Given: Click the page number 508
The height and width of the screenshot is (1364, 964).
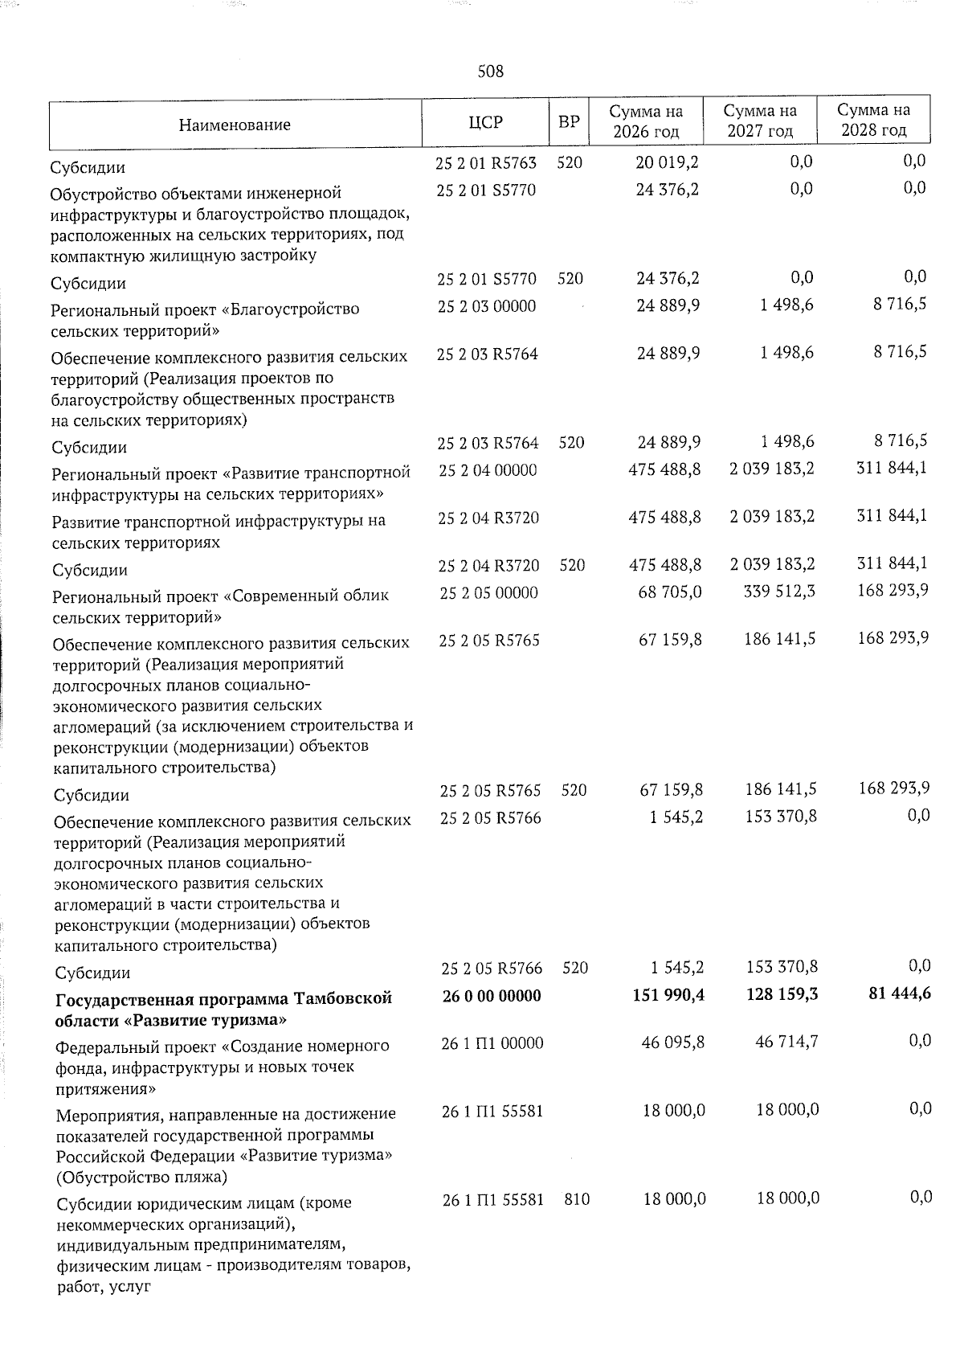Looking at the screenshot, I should [x=490, y=72].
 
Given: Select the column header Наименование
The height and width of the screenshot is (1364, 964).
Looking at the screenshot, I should [x=235, y=125].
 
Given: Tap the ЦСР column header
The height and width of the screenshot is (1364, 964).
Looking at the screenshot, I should [x=485, y=122].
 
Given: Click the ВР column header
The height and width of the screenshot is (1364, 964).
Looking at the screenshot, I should [x=569, y=122].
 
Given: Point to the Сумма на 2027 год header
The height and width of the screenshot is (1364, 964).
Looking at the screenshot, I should [x=760, y=121].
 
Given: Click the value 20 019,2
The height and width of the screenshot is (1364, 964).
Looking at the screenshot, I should [x=667, y=162].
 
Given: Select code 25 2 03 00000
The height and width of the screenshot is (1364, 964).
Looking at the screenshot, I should [x=487, y=306].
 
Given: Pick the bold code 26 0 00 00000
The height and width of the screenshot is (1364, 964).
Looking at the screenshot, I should [x=492, y=996].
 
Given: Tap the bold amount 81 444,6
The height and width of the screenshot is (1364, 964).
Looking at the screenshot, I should [x=901, y=993].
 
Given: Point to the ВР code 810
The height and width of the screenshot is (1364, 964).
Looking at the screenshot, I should [x=577, y=1199].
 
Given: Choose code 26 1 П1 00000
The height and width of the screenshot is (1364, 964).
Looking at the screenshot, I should [x=492, y=1043].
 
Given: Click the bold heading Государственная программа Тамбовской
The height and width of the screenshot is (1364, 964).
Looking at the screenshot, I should [x=223, y=998].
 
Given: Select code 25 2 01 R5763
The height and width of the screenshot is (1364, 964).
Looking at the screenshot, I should [x=486, y=163].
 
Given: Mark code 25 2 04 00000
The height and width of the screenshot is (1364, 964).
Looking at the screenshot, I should [x=488, y=470].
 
